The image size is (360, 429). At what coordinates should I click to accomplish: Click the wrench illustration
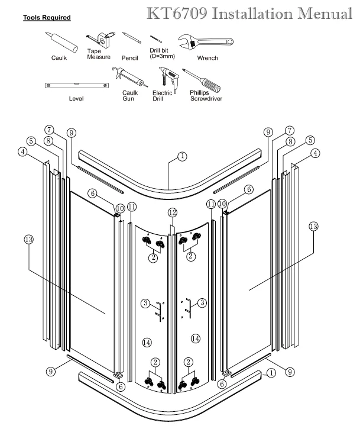click(205, 41)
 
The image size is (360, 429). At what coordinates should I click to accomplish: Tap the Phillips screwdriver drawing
click(202, 80)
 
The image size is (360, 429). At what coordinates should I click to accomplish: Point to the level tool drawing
click(77, 85)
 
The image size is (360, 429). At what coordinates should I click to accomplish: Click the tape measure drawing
click(102, 40)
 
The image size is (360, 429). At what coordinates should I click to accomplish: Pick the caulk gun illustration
click(129, 78)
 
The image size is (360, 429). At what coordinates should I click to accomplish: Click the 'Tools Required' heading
click(47, 18)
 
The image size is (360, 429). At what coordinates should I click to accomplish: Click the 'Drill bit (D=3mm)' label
click(162, 53)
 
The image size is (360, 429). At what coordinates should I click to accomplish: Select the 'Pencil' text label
click(130, 58)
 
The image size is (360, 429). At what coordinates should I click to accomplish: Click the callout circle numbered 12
click(173, 212)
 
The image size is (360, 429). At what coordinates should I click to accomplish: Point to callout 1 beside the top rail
click(182, 156)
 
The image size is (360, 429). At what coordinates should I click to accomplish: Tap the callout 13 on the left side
click(29, 240)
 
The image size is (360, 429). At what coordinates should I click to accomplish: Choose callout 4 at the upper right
click(316, 153)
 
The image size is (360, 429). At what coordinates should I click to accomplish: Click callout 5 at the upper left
click(31, 141)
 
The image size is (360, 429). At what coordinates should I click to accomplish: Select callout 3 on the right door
click(202, 302)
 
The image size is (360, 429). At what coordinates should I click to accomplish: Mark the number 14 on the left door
click(147, 342)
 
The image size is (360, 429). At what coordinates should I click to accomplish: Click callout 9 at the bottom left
click(50, 371)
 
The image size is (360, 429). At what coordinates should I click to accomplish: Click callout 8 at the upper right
click(290, 141)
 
